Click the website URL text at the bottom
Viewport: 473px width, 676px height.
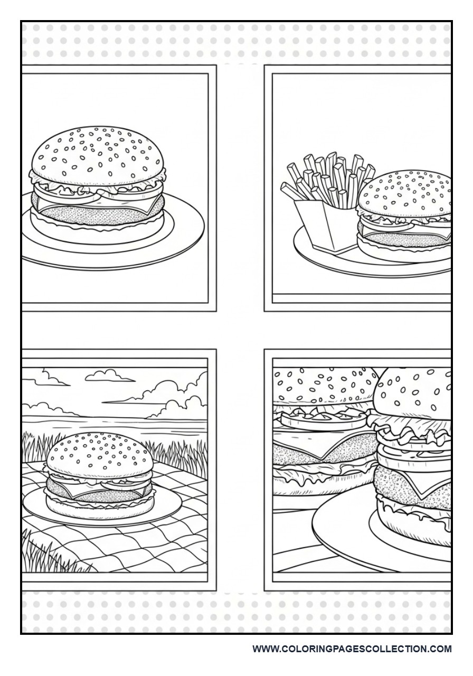coord(352,649)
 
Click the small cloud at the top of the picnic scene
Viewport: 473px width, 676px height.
coord(108,375)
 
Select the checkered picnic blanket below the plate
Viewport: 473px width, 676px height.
coord(132,544)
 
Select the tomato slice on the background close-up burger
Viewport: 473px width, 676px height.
coord(322,420)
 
